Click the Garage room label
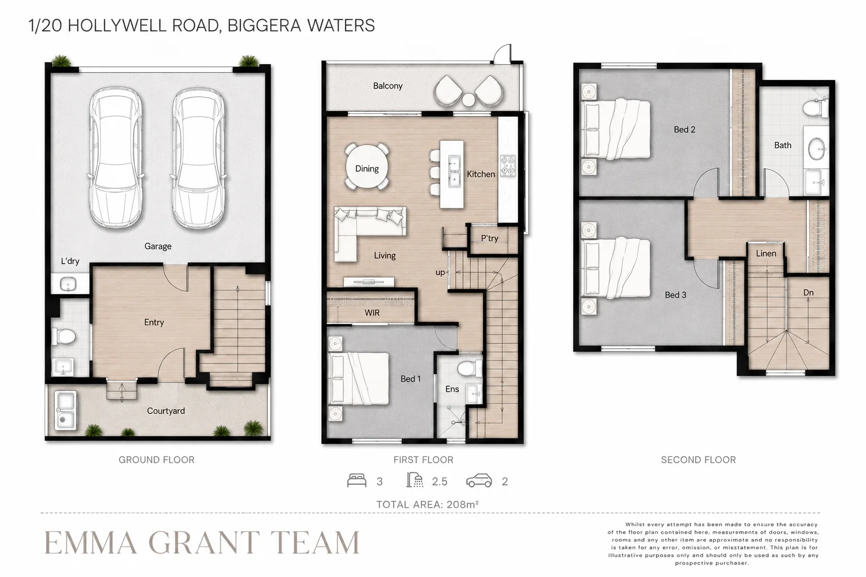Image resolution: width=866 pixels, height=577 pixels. click(x=158, y=246)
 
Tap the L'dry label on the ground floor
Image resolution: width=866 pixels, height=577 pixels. click(x=70, y=261)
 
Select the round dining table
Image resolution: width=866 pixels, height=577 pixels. click(x=367, y=167)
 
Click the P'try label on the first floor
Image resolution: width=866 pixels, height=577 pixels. click(x=489, y=238)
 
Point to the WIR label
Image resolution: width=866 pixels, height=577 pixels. click(x=372, y=313)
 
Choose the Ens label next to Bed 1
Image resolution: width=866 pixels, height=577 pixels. click(x=452, y=389)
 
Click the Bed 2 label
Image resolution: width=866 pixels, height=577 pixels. click(x=684, y=130)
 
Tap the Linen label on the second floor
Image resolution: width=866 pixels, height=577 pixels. click(x=766, y=254)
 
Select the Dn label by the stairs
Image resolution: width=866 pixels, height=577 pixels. click(x=808, y=292)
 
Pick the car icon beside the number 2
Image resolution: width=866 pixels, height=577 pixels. click(x=479, y=481)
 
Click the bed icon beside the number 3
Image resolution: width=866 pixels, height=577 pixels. click(x=356, y=481)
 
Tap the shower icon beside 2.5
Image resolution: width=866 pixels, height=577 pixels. click(x=414, y=481)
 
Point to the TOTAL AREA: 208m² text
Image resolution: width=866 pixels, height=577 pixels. click(x=427, y=504)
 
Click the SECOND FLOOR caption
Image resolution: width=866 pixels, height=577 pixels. click(x=698, y=460)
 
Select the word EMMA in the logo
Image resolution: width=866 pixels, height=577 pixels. click(x=91, y=543)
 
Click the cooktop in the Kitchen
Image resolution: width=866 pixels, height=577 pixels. click(x=507, y=166)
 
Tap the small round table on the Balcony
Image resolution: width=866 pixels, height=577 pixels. click(x=469, y=100)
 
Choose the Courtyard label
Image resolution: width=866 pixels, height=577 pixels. click(x=166, y=411)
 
